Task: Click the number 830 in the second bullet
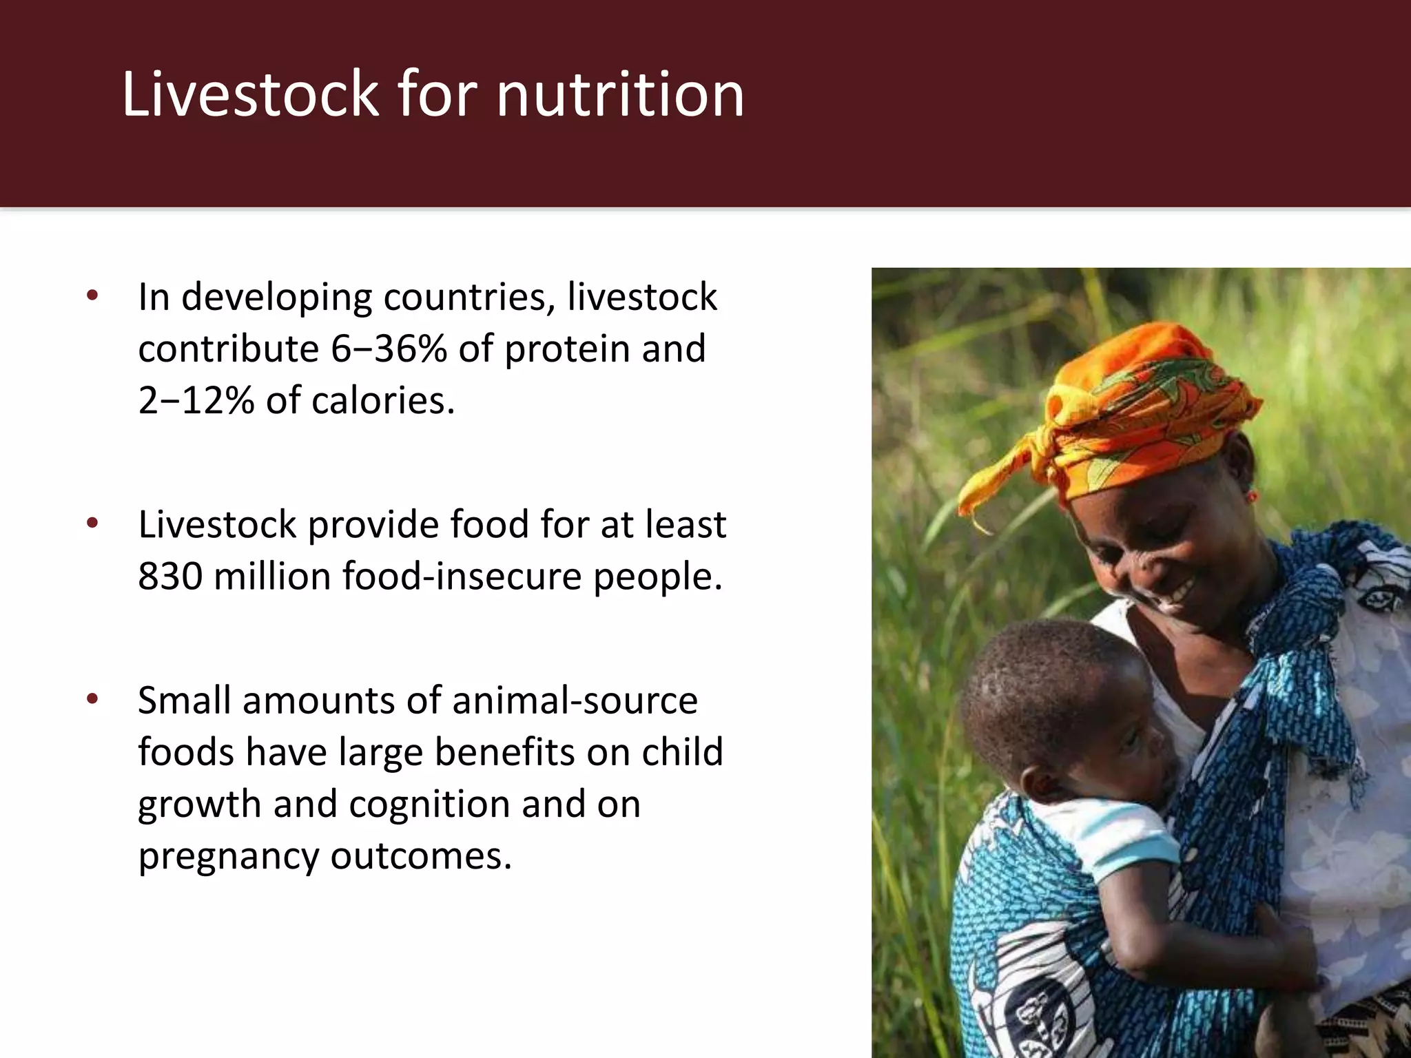point(170,576)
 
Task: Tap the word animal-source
point(575,701)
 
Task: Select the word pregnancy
point(228,856)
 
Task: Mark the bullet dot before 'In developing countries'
point(92,297)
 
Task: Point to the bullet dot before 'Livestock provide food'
point(92,524)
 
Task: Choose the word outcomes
point(422,856)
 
